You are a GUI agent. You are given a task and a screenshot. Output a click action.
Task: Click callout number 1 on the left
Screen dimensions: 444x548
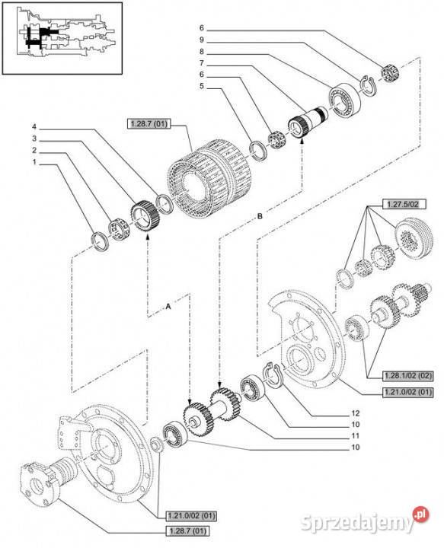coord(34,162)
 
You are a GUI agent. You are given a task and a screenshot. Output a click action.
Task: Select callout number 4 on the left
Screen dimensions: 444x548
coord(34,126)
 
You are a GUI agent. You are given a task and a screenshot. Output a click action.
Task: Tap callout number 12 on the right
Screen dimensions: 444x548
coord(355,413)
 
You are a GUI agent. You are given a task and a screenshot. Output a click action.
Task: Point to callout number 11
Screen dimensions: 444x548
coord(355,436)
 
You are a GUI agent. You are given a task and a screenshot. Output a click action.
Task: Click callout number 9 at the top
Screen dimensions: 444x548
coord(202,40)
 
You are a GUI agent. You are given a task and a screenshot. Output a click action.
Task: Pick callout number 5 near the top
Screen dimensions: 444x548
coord(202,85)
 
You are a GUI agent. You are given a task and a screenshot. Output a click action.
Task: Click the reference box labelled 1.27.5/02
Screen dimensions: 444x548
coord(402,205)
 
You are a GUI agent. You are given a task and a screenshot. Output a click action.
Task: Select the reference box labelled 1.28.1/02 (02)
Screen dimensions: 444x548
coord(408,376)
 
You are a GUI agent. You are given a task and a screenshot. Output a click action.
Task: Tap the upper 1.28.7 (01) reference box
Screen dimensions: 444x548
coord(149,123)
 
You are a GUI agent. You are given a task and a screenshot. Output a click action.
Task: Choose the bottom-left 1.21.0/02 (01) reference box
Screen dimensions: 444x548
coord(191,515)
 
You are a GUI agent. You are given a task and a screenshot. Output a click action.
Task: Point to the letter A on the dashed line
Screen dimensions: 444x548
coord(168,307)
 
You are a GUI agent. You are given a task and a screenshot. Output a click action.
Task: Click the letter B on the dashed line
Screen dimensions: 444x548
coord(260,216)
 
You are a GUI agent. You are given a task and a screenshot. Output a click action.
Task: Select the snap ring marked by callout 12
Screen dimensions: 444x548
coord(273,375)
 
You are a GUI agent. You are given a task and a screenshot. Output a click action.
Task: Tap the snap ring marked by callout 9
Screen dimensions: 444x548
coord(367,85)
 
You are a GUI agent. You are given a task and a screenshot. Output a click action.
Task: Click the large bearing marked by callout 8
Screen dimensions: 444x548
coord(344,100)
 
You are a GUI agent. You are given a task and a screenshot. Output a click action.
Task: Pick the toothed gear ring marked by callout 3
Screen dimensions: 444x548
coord(145,217)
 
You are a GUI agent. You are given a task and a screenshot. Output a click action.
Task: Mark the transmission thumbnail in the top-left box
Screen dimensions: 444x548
coord(62,38)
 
